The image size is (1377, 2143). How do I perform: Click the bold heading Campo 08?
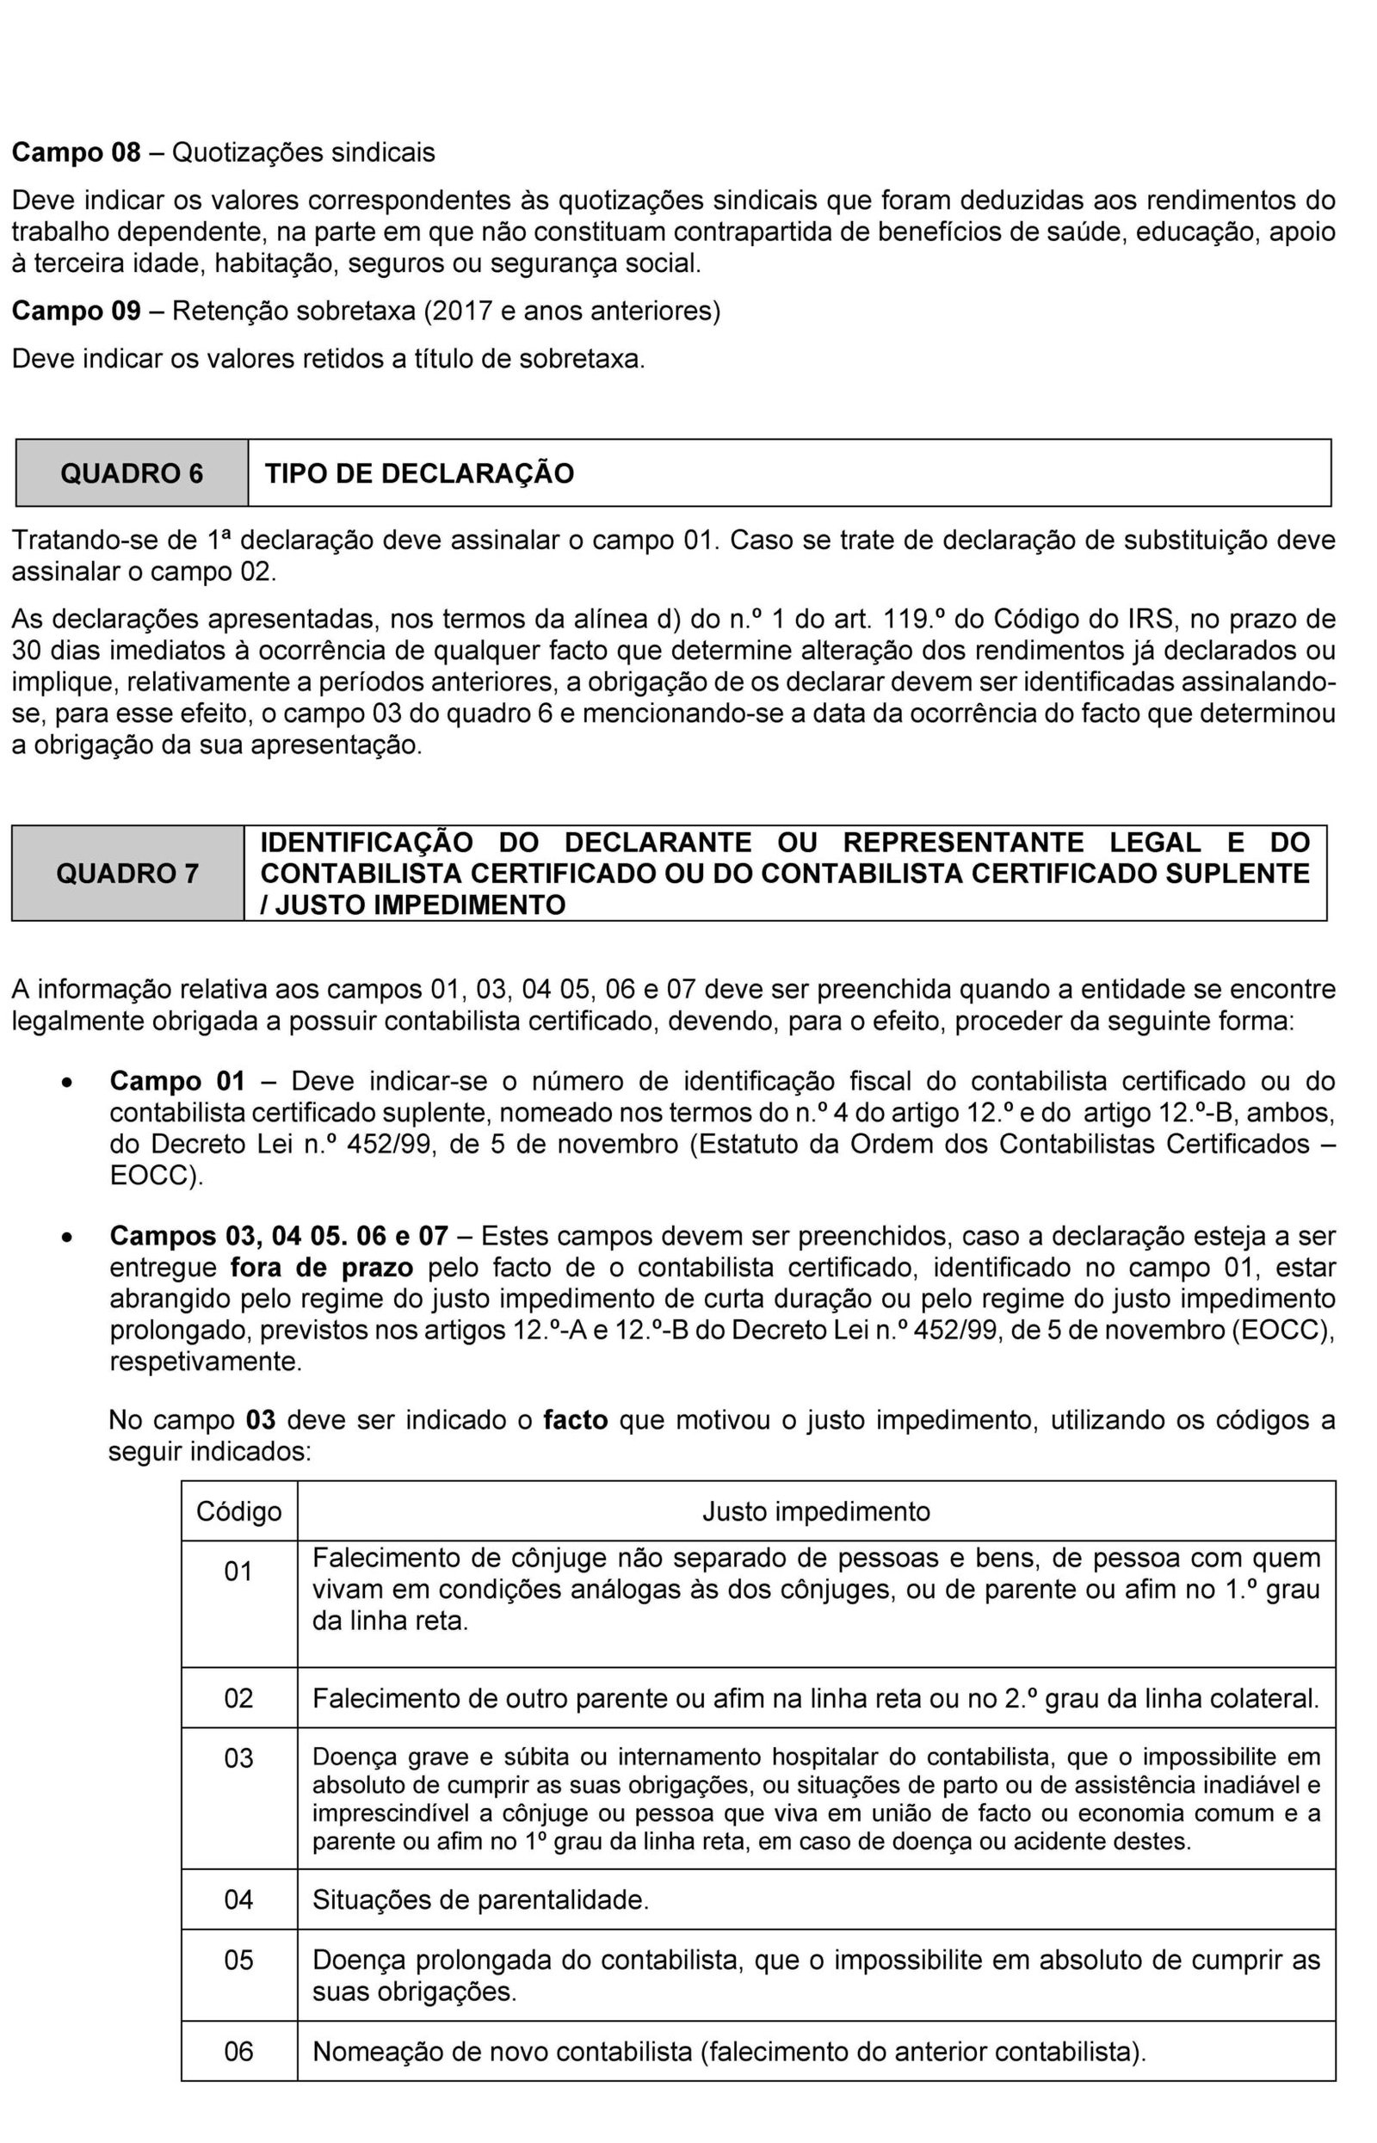(x=76, y=153)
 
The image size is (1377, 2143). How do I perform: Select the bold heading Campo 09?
(x=76, y=312)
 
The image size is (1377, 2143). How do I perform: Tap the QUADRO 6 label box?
(x=132, y=473)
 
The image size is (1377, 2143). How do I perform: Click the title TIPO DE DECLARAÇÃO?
(x=419, y=473)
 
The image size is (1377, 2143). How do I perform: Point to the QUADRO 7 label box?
(x=128, y=873)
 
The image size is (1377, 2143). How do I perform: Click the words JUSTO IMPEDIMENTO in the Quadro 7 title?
(x=420, y=905)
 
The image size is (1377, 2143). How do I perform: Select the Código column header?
(x=238, y=1511)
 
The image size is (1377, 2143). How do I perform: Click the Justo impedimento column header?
(x=816, y=1511)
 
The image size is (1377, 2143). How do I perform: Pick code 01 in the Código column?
(x=238, y=1571)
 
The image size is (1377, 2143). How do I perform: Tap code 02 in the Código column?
(x=238, y=1698)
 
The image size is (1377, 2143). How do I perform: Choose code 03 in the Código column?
(x=238, y=1758)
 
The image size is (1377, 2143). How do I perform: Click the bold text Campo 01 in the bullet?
(x=177, y=1081)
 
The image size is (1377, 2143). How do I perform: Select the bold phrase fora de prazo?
(x=322, y=1268)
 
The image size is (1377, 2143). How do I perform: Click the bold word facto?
(x=575, y=1420)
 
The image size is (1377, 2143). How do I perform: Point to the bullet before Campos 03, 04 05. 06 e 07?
(x=65, y=1239)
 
